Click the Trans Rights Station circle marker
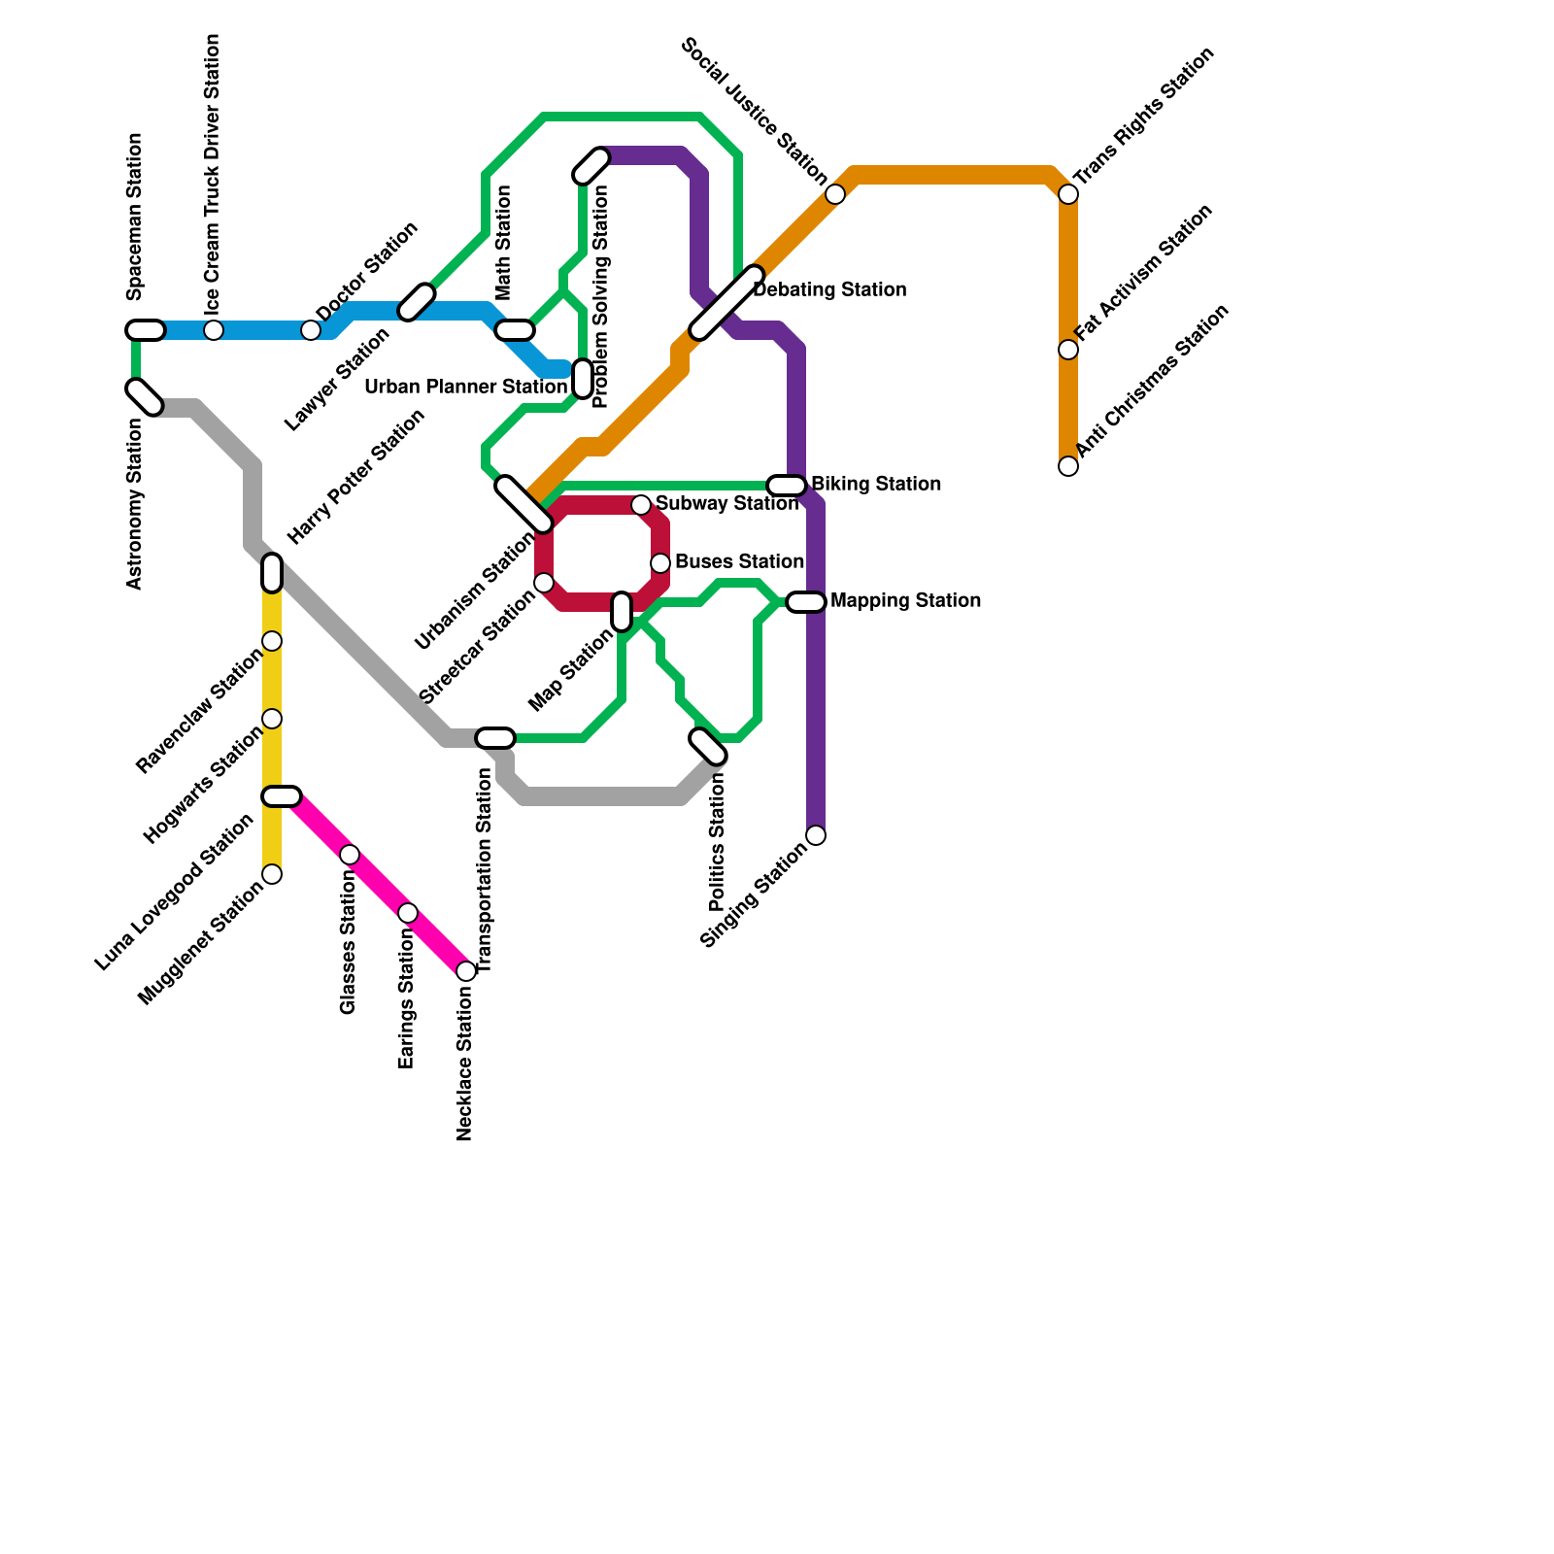click(1068, 194)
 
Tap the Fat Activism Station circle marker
click(1068, 350)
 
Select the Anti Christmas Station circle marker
click(1068, 466)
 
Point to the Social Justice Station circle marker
click(835, 194)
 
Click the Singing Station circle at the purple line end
click(817, 835)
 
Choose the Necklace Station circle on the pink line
click(466, 971)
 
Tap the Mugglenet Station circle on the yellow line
click(273, 874)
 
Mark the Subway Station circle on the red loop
click(641, 505)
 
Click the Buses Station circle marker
click(660, 563)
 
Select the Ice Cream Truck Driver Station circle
click(214, 330)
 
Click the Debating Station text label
click(829, 290)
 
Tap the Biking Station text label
click(875, 484)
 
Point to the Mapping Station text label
click(905, 601)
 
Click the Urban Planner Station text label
click(465, 388)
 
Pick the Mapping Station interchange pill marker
click(806, 602)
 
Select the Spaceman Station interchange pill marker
click(146, 330)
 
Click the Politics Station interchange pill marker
click(708, 746)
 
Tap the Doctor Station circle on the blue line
click(311, 330)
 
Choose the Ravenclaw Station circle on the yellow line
click(273, 641)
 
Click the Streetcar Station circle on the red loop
click(545, 583)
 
